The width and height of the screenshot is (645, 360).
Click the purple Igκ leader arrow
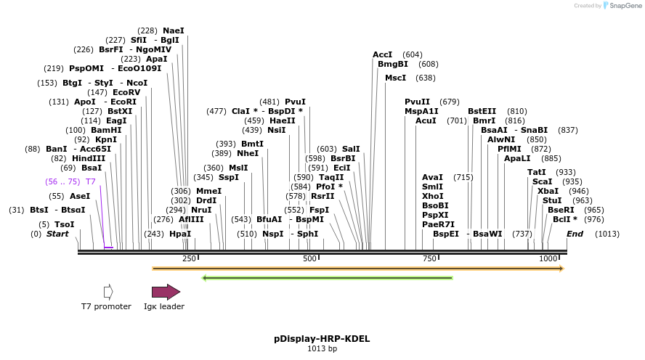click(x=166, y=292)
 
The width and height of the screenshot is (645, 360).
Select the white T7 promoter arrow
click(x=108, y=292)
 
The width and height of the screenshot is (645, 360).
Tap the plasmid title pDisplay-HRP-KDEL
click(x=322, y=338)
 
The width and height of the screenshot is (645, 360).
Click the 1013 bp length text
click(x=322, y=349)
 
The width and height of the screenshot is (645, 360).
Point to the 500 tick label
click(x=309, y=259)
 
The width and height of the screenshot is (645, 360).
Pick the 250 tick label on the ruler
click(x=189, y=259)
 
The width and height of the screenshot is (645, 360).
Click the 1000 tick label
click(x=548, y=259)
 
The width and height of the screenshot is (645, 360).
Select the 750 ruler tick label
click(x=429, y=259)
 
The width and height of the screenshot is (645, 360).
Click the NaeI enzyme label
click(x=174, y=30)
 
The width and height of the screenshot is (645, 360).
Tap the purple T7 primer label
click(x=91, y=181)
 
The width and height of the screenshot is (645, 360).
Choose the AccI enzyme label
click(x=382, y=54)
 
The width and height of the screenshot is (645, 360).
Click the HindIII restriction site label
click(x=89, y=158)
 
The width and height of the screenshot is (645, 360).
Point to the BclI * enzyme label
click(x=565, y=219)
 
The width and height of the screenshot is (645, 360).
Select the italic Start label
click(x=57, y=234)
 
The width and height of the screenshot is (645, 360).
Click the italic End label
click(x=575, y=234)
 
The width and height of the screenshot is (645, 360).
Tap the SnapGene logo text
click(x=624, y=6)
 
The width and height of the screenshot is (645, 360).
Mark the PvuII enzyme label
click(x=417, y=102)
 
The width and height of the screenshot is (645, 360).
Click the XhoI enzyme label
click(x=432, y=196)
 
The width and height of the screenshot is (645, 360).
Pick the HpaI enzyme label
click(x=179, y=234)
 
